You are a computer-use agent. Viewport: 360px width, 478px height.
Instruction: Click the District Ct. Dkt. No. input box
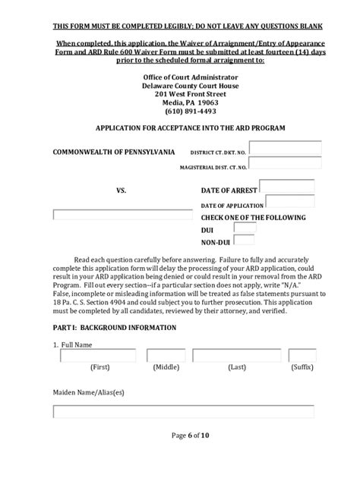pyautogui.click(x=285, y=148)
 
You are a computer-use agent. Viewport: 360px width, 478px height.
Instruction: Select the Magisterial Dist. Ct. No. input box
pyautogui.click(x=285, y=163)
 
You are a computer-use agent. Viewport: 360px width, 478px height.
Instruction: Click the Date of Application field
pyautogui.click(x=291, y=203)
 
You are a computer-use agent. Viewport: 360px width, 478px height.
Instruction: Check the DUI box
pyautogui.click(x=245, y=228)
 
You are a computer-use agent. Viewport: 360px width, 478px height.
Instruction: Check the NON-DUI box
pyautogui.click(x=245, y=241)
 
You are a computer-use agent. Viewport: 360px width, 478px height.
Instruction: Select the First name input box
pyautogui.click(x=99, y=355)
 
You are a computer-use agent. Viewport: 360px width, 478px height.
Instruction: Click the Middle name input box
pyautogui.click(x=166, y=355)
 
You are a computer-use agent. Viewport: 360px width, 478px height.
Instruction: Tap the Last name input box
pyautogui.click(x=236, y=355)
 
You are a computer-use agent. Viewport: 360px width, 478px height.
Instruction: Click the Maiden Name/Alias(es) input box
pyautogui.click(x=183, y=412)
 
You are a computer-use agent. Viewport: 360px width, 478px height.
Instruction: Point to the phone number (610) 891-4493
pyautogui.click(x=180, y=108)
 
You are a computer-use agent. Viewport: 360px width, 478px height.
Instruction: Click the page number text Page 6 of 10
pyautogui.click(x=180, y=456)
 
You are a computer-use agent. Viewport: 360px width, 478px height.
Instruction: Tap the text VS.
pyautogui.click(x=121, y=191)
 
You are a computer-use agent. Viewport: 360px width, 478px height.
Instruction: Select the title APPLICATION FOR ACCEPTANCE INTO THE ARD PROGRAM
pyautogui.click(x=180, y=129)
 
